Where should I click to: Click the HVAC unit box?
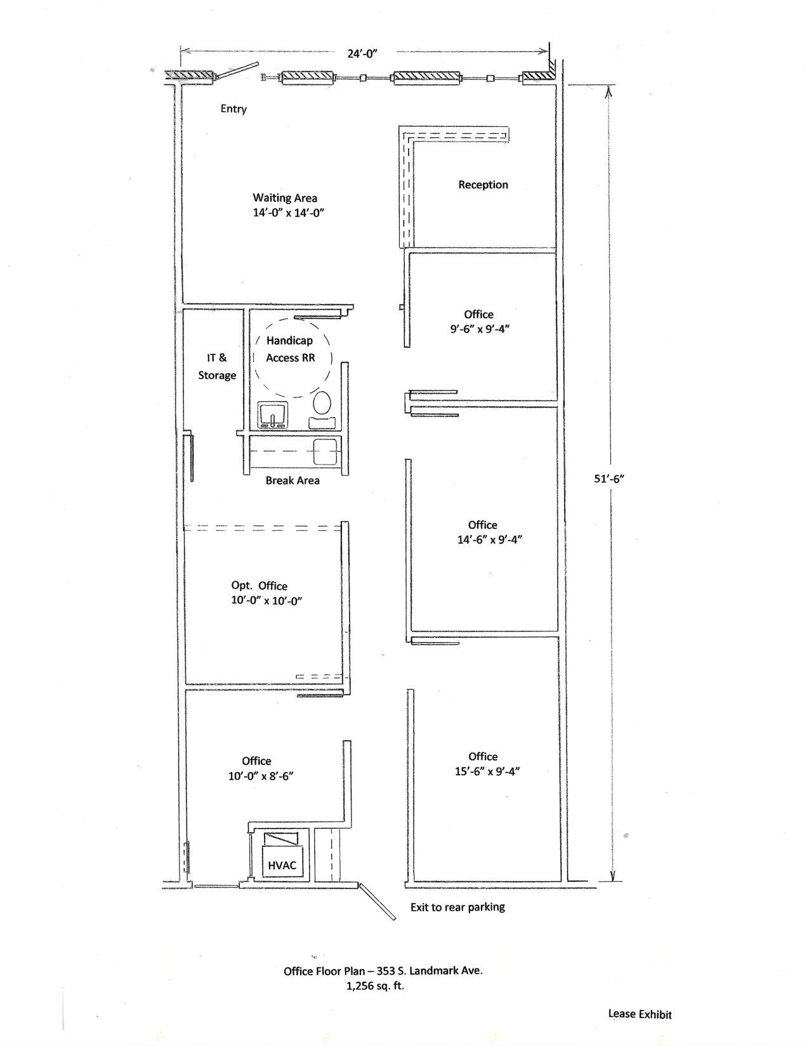[x=282, y=865]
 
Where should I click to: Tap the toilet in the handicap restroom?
[x=322, y=409]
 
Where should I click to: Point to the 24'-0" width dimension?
[x=362, y=53]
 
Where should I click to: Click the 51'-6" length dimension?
[x=609, y=479]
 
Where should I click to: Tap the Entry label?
[x=233, y=109]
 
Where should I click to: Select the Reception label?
[x=483, y=185]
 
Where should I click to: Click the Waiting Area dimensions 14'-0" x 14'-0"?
[x=289, y=213]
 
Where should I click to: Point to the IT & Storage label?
[x=217, y=366]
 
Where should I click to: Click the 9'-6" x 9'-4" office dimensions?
[x=480, y=329]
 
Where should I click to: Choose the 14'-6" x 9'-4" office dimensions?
[x=490, y=540]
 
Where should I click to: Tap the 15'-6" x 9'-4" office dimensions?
[x=487, y=772]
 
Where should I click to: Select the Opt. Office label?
[x=260, y=586]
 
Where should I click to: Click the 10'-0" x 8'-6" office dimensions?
[x=261, y=777]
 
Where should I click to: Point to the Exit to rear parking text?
[x=457, y=907]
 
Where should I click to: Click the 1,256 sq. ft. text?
[x=376, y=986]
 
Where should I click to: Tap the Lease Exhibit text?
[x=640, y=1014]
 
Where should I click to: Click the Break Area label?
[x=293, y=481]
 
